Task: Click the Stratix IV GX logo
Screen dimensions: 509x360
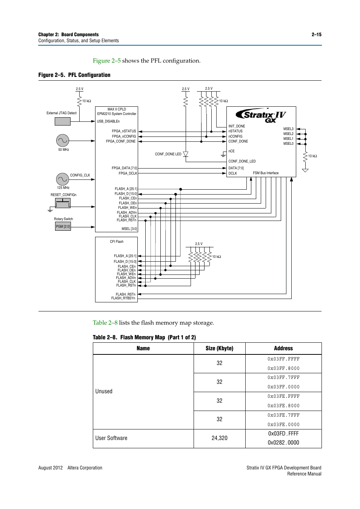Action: pyautogui.click(x=261, y=116)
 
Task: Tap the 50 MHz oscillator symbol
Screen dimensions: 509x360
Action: pyautogui.click(x=63, y=141)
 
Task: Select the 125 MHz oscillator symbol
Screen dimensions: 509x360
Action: pyautogui.click(x=62, y=179)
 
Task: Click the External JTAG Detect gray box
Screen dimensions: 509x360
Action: pyautogui.click(x=63, y=121)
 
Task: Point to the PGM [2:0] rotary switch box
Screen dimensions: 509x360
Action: pyautogui.click(x=63, y=226)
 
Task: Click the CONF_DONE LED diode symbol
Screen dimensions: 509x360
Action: pyautogui.click(x=186, y=154)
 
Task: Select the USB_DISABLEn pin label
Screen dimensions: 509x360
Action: pyautogui.click(x=108, y=121)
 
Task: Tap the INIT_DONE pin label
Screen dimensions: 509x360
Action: pyautogui.click(x=237, y=126)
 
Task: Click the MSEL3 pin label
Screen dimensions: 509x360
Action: pyautogui.click(x=288, y=129)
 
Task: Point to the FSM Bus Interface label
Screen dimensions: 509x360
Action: pyautogui.click(x=266, y=173)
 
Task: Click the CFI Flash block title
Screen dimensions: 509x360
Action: pyautogui.click(x=117, y=242)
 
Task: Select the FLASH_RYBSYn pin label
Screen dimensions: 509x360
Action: pyautogui.click(x=123, y=298)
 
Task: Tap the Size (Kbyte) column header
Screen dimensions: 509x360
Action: pyautogui.click(x=219, y=348)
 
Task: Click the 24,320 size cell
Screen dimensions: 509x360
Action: pyautogui.click(x=219, y=438)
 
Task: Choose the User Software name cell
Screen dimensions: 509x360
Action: pyautogui.click(x=111, y=438)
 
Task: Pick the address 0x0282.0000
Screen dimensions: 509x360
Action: pyautogui.click(x=283, y=443)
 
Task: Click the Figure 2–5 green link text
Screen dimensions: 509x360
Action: pyautogui.click(x=107, y=61)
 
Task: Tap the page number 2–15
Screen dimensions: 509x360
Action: pyautogui.click(x=316, y=35)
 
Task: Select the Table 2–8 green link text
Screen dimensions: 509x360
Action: pyautogui.click(x=105, y=323)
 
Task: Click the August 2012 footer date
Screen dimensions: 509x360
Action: pyautogui.click(x=51, y=468)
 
